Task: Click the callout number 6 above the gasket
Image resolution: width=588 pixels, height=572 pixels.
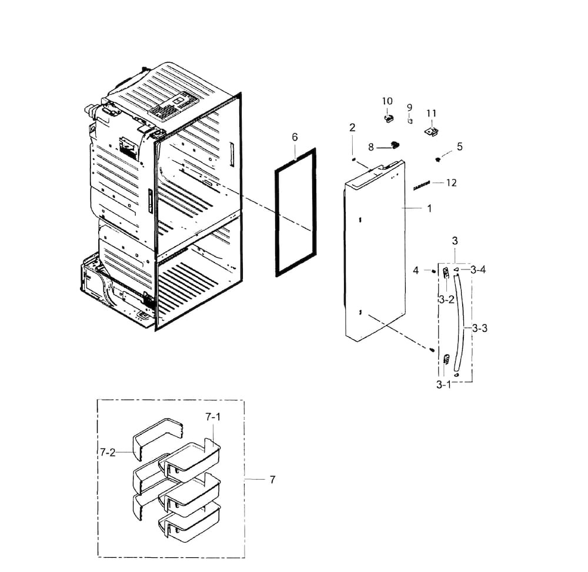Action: pos(295,137)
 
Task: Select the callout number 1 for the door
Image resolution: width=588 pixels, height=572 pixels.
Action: pos(429,208)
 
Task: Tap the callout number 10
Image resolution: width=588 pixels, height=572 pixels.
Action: pos(387,102)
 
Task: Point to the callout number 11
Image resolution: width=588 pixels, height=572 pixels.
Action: pos(432,113)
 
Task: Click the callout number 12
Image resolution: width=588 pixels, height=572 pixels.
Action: pos(451,183)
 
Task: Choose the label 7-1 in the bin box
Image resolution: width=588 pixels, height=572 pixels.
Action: pos(212,417)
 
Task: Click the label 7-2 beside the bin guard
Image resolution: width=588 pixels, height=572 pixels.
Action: pos(107,452)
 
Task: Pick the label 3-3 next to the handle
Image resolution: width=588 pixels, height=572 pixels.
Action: pos(480,328)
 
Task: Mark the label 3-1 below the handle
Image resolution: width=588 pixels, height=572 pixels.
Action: pos(443,385)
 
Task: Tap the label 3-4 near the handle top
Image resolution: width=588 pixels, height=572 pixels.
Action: pos(477,270)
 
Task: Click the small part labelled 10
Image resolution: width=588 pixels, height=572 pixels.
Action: pos(387,119)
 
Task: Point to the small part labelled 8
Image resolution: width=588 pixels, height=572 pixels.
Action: pos(393,145)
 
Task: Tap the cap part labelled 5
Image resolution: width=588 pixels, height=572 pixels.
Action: pos(439,159)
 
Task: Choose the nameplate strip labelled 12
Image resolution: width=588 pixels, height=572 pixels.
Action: pos(422,186)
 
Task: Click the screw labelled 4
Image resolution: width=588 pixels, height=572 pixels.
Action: pos(433,271)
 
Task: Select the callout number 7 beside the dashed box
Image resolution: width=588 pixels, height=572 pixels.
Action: pos(272,480)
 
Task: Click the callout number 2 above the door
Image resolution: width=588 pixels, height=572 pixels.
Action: pos(352,128)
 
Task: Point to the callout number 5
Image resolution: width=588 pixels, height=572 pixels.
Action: pos(459,147)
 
